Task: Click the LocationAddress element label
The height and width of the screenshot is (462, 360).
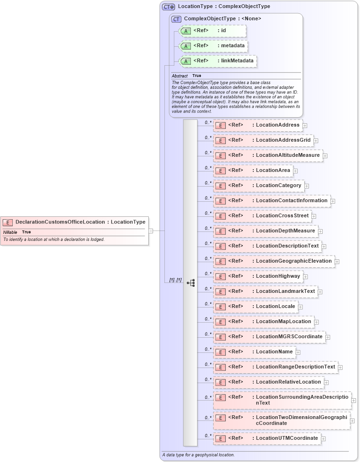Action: [x=277, y=125]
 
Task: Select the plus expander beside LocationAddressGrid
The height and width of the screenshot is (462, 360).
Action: [x=316, y=141]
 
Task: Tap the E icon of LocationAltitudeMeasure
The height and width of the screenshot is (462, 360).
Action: [x=220, y=155]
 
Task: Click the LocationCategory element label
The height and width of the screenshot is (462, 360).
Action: [x=278, y=186]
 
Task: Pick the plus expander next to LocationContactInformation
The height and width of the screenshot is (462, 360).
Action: [x=333, y=201]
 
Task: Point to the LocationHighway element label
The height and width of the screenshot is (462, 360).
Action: [x=278, y=276]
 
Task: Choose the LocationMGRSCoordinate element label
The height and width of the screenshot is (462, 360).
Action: [x=289, y=337]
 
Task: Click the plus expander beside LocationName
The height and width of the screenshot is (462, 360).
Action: [x=298, y=352]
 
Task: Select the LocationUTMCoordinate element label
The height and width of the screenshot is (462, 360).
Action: [x=287, y=438]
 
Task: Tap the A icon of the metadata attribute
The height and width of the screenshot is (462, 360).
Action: [x=186, y=46]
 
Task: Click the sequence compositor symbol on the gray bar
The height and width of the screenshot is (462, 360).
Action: [x=190, y=283]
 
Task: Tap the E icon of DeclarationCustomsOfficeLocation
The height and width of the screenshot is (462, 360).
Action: [x=8, y=222]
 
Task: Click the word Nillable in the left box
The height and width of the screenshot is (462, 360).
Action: [x=10, y=232]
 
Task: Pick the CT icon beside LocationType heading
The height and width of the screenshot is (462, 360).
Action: [x=168, y=7]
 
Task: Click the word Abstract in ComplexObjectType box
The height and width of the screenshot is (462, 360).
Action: [x=180, y=76]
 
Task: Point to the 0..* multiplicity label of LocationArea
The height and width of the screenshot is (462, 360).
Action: [x=208, y=168]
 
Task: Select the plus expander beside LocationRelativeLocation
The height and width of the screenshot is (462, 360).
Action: [x=326, y=383]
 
